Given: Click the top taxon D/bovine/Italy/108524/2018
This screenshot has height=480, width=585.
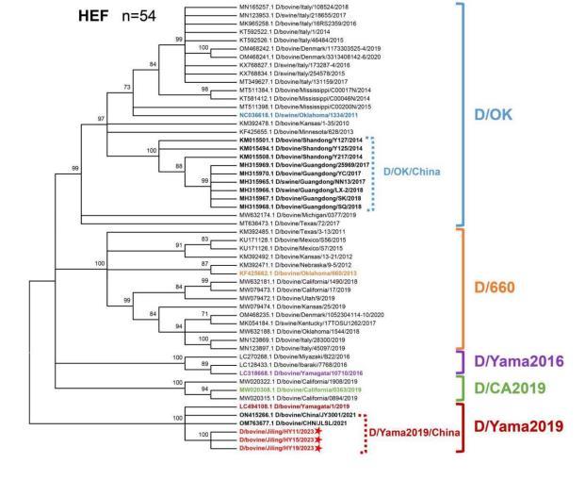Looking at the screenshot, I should coord(300,8).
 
